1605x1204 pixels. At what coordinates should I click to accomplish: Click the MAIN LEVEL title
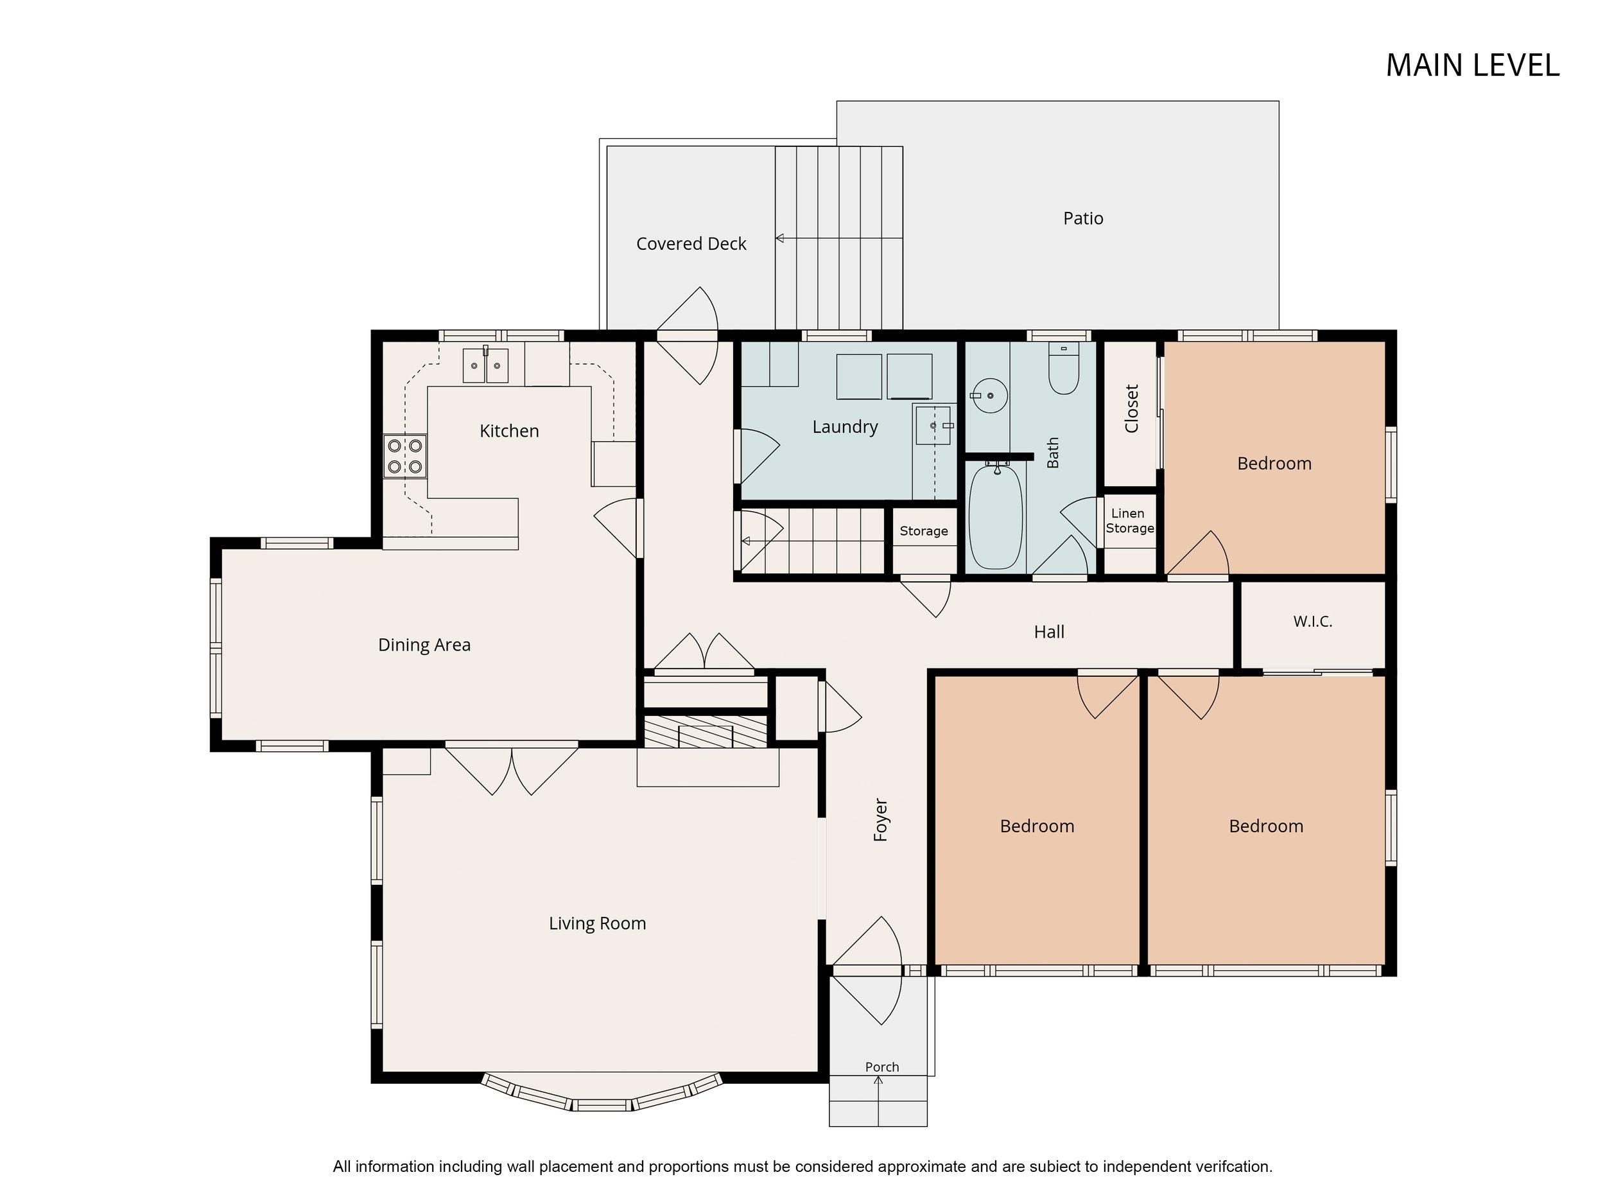pos(1472,65)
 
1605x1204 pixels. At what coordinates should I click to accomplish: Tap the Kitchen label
pos(509,431)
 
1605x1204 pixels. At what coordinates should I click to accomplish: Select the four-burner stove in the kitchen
pos(405,456)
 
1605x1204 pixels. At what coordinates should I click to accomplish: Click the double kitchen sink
pos(485,365)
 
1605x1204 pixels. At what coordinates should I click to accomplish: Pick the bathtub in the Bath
pos(996,517)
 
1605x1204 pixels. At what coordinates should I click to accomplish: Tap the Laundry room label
pos(846,427)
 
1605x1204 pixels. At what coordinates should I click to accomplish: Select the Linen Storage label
pos(1130,521)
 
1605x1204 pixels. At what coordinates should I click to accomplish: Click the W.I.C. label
pos(1313,621)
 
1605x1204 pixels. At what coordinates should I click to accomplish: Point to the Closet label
pos(1132,408)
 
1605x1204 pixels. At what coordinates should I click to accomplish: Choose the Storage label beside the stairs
pos(924,531)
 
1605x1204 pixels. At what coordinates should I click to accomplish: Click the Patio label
pos(1083,218)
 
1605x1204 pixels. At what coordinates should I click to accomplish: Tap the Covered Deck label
pos(691,244)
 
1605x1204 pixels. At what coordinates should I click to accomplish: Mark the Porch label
pos(882,1067)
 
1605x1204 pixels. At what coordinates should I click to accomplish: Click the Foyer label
pos(881,820)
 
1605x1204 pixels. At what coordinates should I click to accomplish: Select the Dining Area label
pos(424,645)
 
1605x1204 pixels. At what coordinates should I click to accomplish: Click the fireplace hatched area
pos(706,731)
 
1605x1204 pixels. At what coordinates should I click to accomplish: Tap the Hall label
pos(1049,632)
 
